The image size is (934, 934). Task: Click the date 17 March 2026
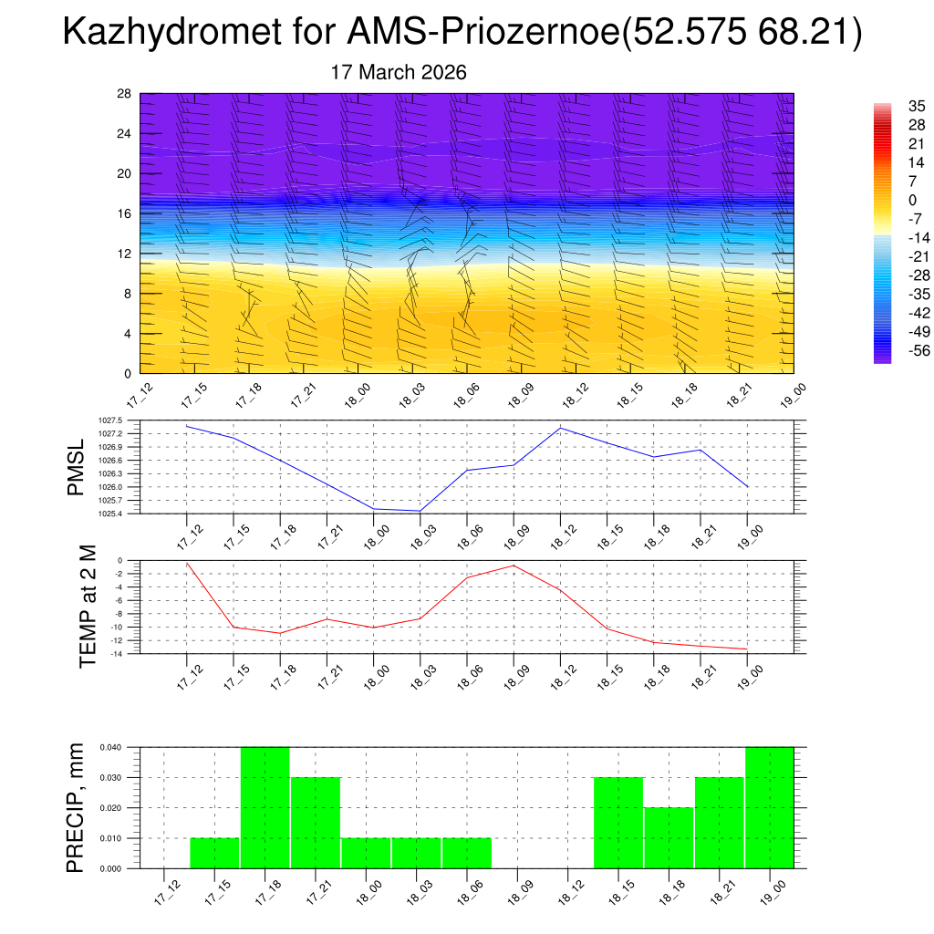coord(399,73)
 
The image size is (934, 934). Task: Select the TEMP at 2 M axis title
coord(88,606)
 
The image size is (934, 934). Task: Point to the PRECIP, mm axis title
coord(77,807)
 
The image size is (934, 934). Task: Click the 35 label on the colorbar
coord(891,106)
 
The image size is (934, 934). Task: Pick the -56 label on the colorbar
coord(891,349)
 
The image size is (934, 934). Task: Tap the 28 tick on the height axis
coord(124,94)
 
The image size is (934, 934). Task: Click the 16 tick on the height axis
coord(124,213)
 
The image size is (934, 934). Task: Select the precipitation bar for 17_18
coord(265,807)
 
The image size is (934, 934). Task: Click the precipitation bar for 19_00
coord(769,807)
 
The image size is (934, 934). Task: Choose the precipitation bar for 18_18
coord(669,837)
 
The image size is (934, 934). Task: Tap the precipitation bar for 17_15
coord(214,852)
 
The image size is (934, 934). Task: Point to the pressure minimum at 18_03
coord(420,511)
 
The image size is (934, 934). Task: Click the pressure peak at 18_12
coord(560,428)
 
